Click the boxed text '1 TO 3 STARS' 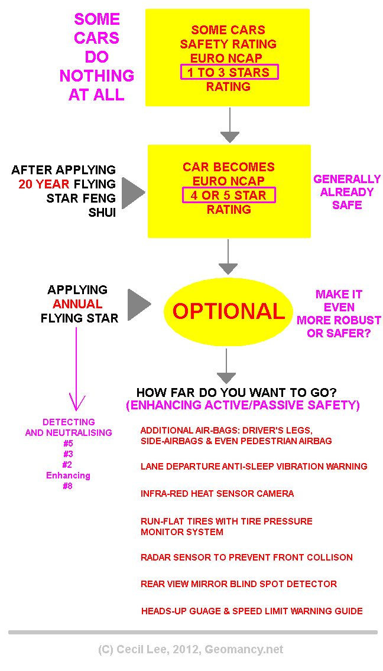(x=228, y=73)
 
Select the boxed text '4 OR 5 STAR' (x=228, y=196)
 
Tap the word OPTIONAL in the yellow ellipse (x=228, y=311)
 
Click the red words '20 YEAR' (x=43, y=184)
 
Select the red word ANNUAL (x=77, y=304)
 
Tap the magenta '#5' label (x=69, y=444)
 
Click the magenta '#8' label (x=69, y=486)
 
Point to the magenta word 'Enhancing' (x=69, y=475)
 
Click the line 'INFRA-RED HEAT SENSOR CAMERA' (x=217, y=494)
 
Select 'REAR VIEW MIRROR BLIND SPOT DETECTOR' (x=239, y=584)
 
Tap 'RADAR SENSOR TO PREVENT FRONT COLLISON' (x=246, y=557)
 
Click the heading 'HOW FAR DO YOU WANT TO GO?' (x=241, y=393)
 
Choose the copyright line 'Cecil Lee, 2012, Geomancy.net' (x=190, y=649)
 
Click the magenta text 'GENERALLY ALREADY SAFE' (x=347, y=192)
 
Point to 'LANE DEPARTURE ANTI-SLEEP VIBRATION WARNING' (x=254, y=467)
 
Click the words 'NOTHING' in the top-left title (x=97, y=76)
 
